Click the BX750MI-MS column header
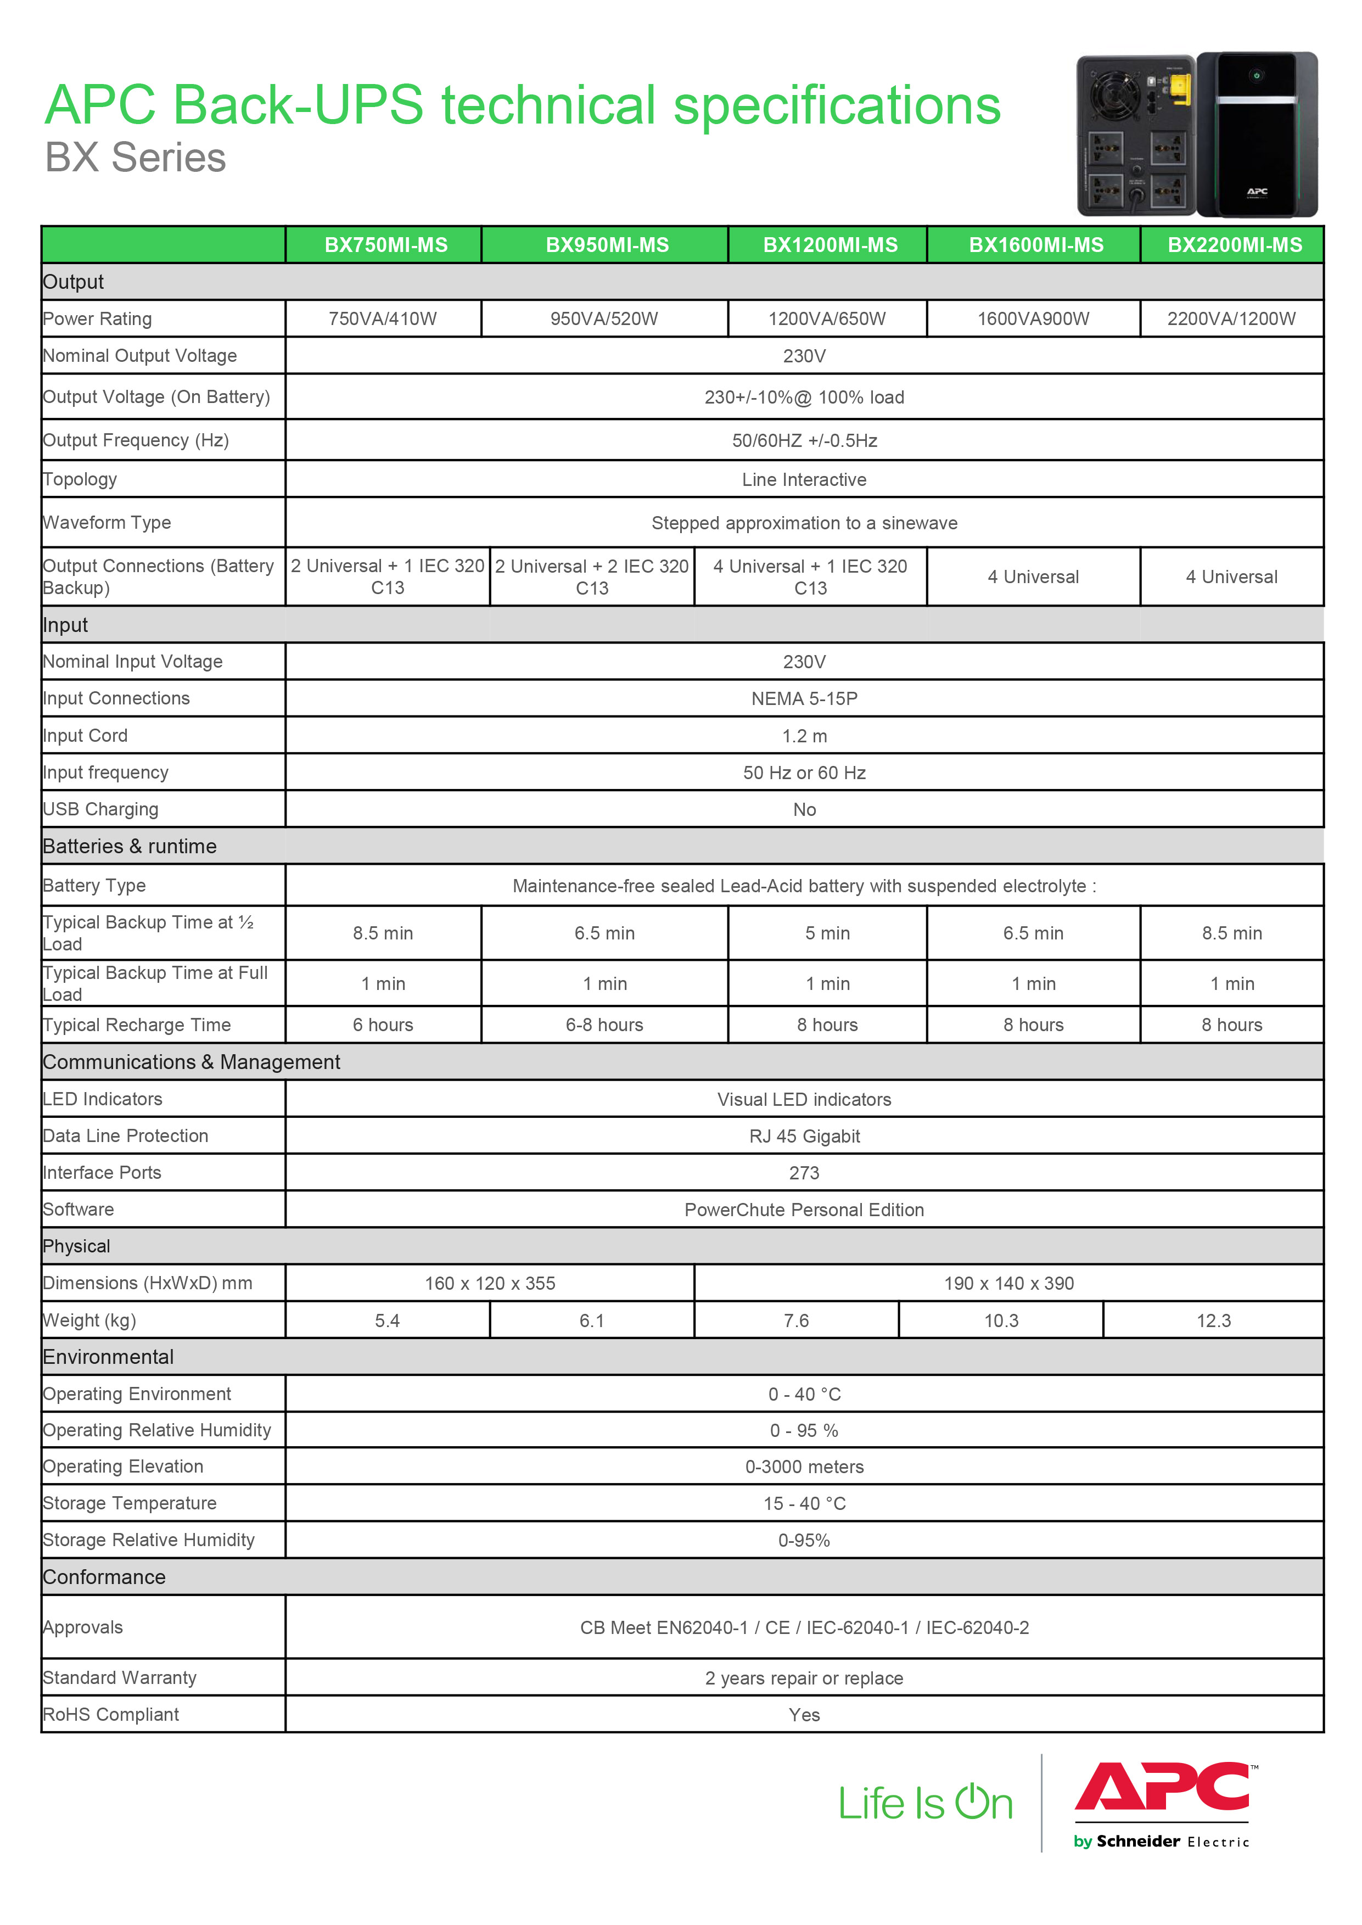click(x=386, y=245)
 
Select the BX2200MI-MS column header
click(x=1235, y=245)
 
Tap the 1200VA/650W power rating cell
click(x=827, y=319)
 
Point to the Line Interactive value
click(x=804, y=480)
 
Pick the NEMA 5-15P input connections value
click(x=804, y=699)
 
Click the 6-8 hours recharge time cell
click(x=604, y=1025)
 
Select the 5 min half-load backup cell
click(x=827, y=933)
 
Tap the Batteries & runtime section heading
click(x=130, y=846)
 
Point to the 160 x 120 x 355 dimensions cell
click(x=490, y=1283)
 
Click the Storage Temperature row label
click(x=130, y=1503)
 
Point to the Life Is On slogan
click(x=926, y=1803)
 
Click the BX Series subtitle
click(x=136, y=158)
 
